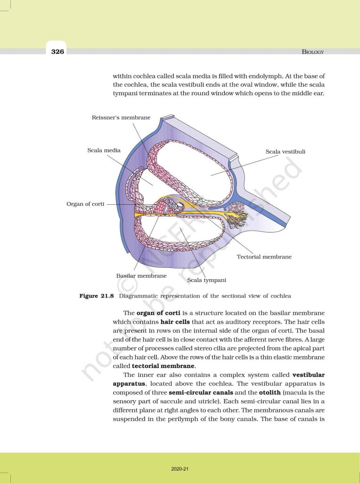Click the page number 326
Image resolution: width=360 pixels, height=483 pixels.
pyautogui.click(x=57, y=51)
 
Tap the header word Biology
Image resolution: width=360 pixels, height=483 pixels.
pyautogui.click(x=313, y=52)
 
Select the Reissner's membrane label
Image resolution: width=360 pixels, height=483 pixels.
pyautogui.click(x=121, y=117)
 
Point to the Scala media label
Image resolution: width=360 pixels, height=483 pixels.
pyautogui.click(x=104, y=150)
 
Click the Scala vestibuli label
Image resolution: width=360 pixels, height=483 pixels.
pyautogui.click(x=286, y=151)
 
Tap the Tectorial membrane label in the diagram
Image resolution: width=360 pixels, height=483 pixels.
pyautogui.click(x=264, y=257)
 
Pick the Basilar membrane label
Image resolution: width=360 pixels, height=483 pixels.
pyautogui.click(x=141, y=275)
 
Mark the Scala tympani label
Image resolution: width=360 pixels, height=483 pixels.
pyautogui.click(x=206, y=280)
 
